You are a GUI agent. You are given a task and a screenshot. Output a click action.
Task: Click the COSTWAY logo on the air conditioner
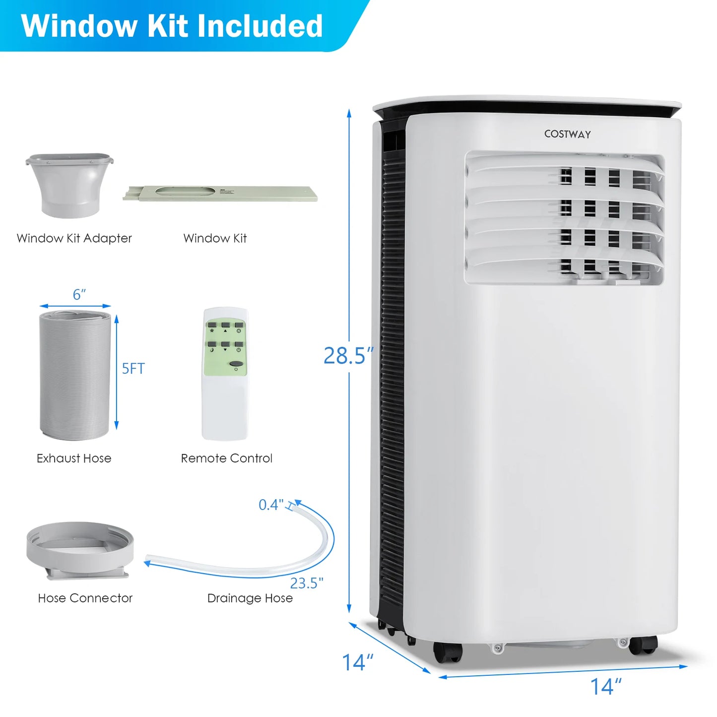[567, 134]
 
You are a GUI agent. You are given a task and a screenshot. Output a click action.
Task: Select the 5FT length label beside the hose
[133, 369]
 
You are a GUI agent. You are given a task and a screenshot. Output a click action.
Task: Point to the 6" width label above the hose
[79, 295]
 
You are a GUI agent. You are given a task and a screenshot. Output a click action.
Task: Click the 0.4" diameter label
[271, 505]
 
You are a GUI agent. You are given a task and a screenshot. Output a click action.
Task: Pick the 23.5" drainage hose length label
[307, 583]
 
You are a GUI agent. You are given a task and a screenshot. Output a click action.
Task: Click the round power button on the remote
[237, 366]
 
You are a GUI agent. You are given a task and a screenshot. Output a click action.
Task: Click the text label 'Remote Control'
[226, 458]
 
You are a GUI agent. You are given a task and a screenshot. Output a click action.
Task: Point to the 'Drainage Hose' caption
[250, 598]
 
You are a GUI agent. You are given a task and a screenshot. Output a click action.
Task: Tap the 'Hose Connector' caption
[85, 598]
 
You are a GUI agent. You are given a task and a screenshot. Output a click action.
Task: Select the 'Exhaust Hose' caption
[74, 458]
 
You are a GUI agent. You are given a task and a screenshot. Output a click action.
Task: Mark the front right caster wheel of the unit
[643, 645]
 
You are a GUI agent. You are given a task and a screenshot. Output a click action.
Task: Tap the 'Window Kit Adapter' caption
[74, 239]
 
